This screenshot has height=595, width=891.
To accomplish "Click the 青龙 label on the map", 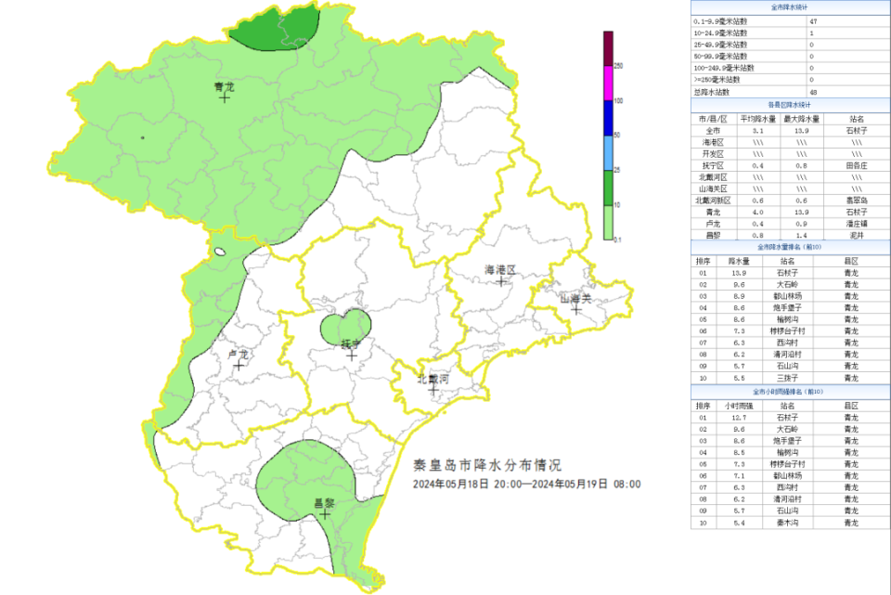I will [223, 87].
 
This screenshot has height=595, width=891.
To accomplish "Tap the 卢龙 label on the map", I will [239, 355].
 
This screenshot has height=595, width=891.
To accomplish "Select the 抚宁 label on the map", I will [350, 343].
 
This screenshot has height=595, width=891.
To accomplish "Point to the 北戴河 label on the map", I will [433, 379].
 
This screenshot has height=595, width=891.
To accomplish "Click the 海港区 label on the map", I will [499, 269].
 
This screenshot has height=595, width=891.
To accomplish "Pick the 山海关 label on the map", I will [575, 299].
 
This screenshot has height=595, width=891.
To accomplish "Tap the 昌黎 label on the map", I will [324, 502].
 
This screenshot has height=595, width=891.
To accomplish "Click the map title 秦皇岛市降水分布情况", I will [487, 464].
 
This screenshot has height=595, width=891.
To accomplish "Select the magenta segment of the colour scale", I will [608, 83].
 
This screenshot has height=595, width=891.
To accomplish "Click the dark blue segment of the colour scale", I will [608, 118].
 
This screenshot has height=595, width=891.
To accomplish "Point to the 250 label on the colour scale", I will [618, 66].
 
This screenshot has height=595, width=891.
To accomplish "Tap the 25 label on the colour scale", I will [617, 170].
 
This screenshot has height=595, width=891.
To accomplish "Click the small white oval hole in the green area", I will [220, 251].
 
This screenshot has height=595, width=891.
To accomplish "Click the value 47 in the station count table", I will [813, 20].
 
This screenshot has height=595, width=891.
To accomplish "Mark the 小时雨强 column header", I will [739, 406].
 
